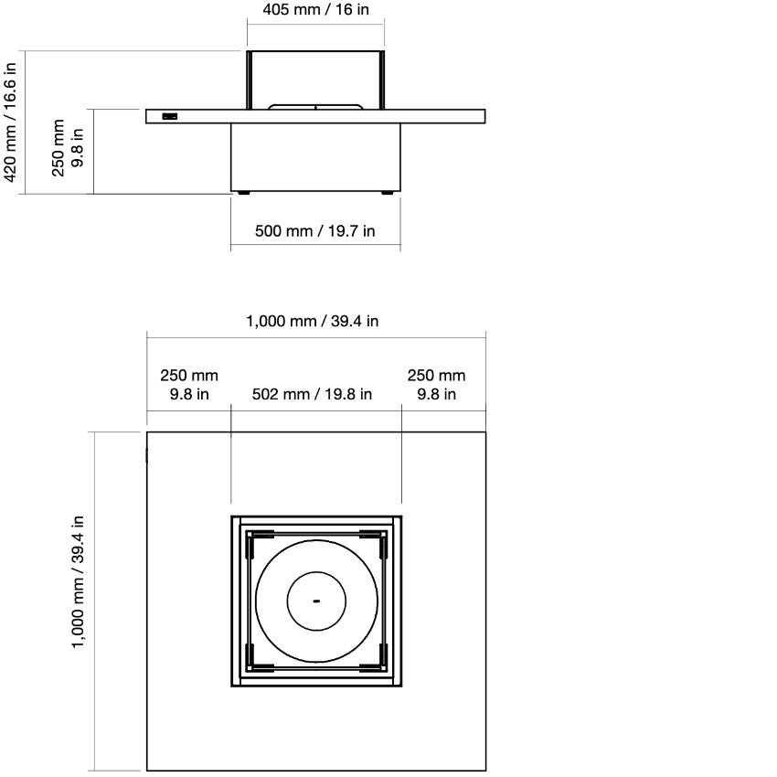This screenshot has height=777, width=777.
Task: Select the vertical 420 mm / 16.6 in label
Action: (11, 122)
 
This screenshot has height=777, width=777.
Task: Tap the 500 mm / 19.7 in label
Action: (314, 231)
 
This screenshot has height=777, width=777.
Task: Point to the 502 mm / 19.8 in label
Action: (312, 395)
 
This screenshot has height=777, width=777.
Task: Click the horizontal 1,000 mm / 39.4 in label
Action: (313, 321)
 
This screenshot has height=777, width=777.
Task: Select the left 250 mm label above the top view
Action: (189, 385)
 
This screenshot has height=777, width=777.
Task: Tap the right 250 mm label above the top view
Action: (436, 385)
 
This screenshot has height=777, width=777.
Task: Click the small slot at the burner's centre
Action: (316, 601)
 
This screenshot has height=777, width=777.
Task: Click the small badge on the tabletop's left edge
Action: (170, 115)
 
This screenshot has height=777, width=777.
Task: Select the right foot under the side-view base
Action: (388, 193)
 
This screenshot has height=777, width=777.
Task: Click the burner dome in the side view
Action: (315, 107)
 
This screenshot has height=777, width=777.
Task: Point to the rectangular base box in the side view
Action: (315, 155)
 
